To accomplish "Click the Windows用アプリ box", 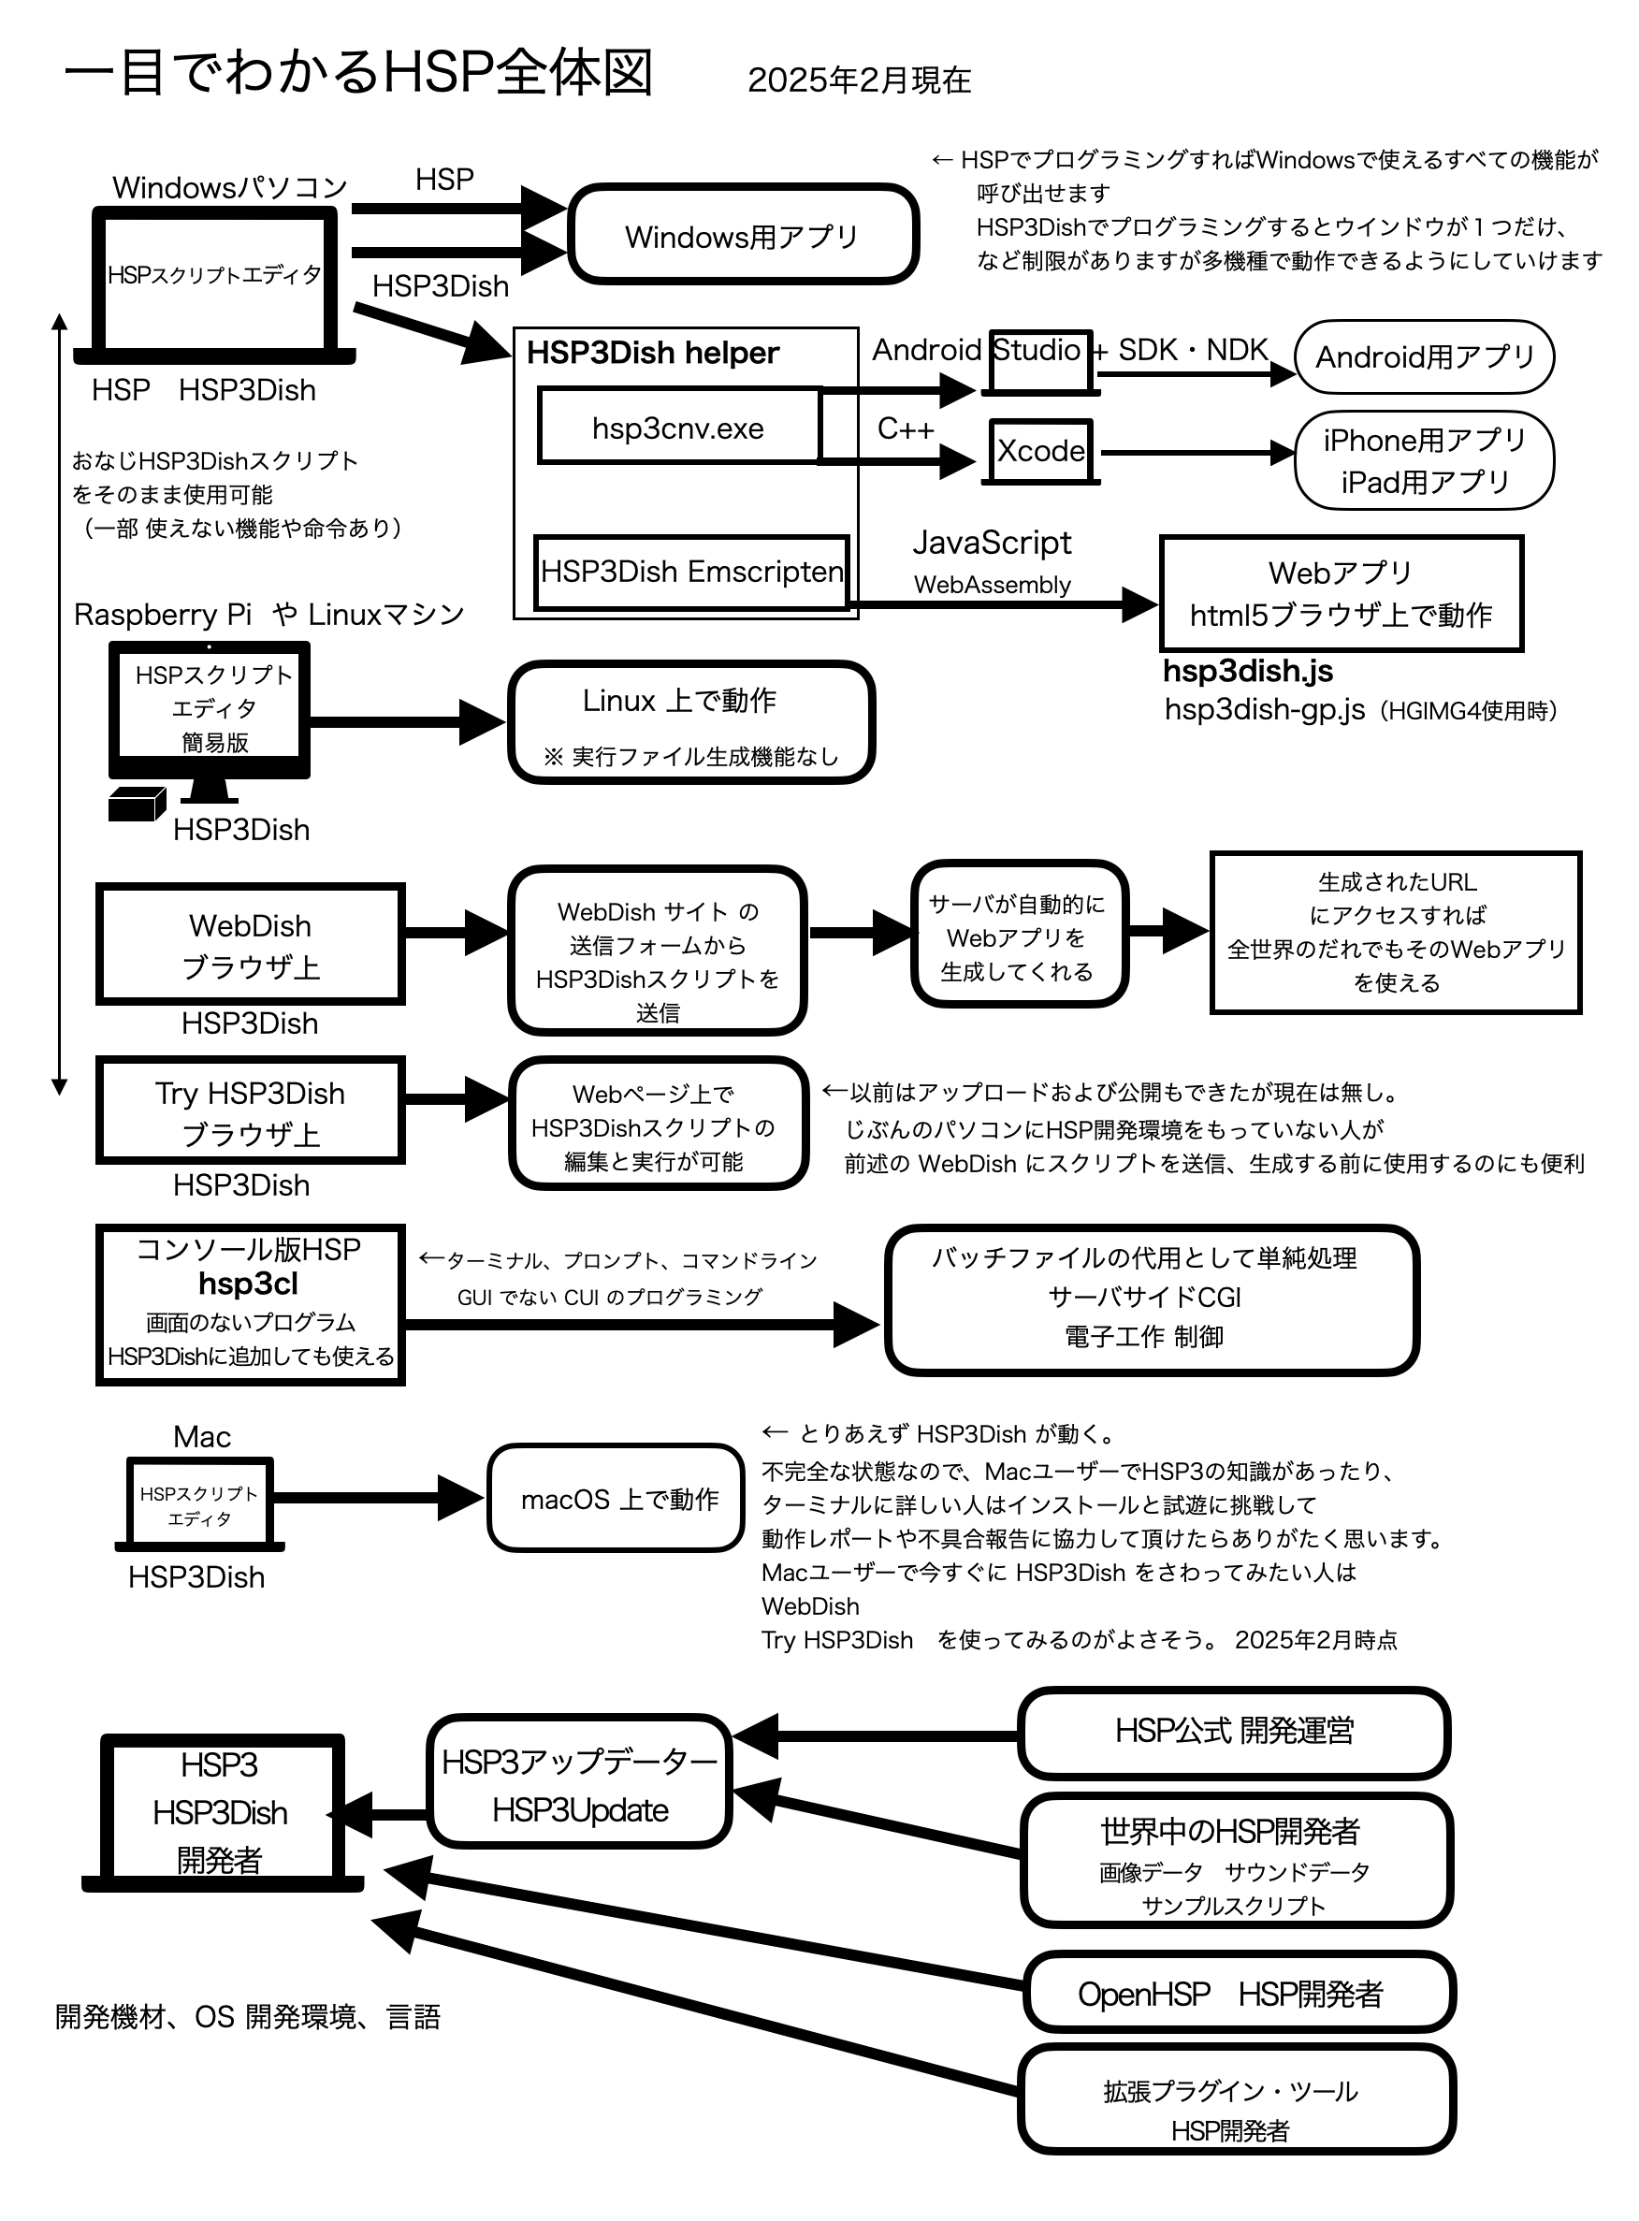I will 742,235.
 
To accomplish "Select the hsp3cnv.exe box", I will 678,427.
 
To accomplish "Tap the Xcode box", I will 1039,451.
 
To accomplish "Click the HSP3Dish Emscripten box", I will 691,572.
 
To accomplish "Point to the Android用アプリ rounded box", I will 1424,356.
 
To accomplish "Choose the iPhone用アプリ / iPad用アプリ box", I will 1424,460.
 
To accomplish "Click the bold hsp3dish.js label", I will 1247,672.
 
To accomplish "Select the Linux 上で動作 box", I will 690,723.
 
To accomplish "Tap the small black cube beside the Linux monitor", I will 135,804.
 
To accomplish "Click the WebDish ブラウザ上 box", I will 250,944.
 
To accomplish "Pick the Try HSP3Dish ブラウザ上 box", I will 250,1111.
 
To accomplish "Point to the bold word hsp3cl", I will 248,1284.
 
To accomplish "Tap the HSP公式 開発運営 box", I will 1233,1731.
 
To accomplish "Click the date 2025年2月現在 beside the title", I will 859,80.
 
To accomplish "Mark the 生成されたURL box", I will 1395,933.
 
